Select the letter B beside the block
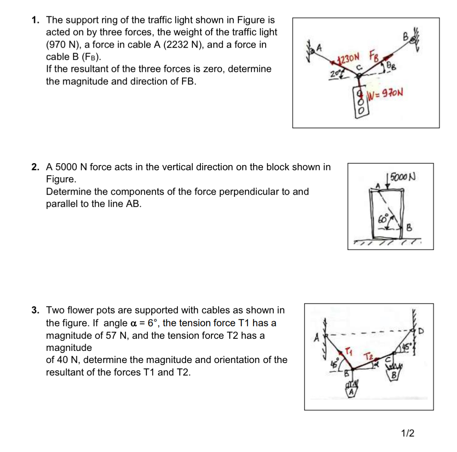click(x=409, y=227)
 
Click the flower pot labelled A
click(x=352, y=390)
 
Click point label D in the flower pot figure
click(x=421, y=331)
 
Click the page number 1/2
click(x=408, y=433)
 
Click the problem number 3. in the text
click(x=36, y=310)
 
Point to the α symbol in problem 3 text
click(x=133, y=323)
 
